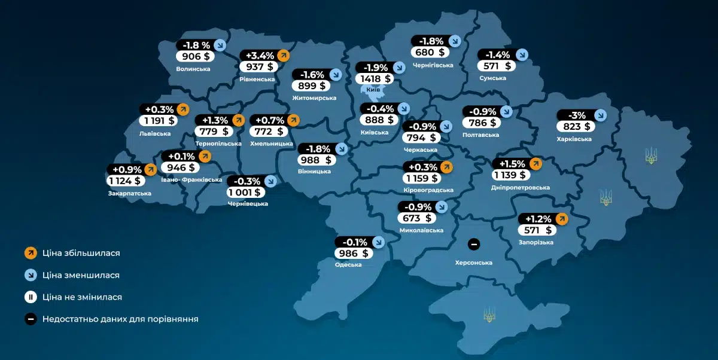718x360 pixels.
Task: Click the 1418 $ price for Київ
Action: (373, 78)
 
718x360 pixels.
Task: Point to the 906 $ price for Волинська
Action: (194, 56)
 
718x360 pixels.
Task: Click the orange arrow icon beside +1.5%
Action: (535, 164)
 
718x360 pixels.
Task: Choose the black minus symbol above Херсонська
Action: (473, 244)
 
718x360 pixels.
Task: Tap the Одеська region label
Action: (348, 264)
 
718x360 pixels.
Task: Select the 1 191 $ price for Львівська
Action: (158, 120)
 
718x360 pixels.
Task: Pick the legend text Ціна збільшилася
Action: (81, 253)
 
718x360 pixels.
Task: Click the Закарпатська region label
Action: (129, 193)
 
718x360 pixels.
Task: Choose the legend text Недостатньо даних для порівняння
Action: (120, 319)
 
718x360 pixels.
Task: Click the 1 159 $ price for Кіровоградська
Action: (422, 178)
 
